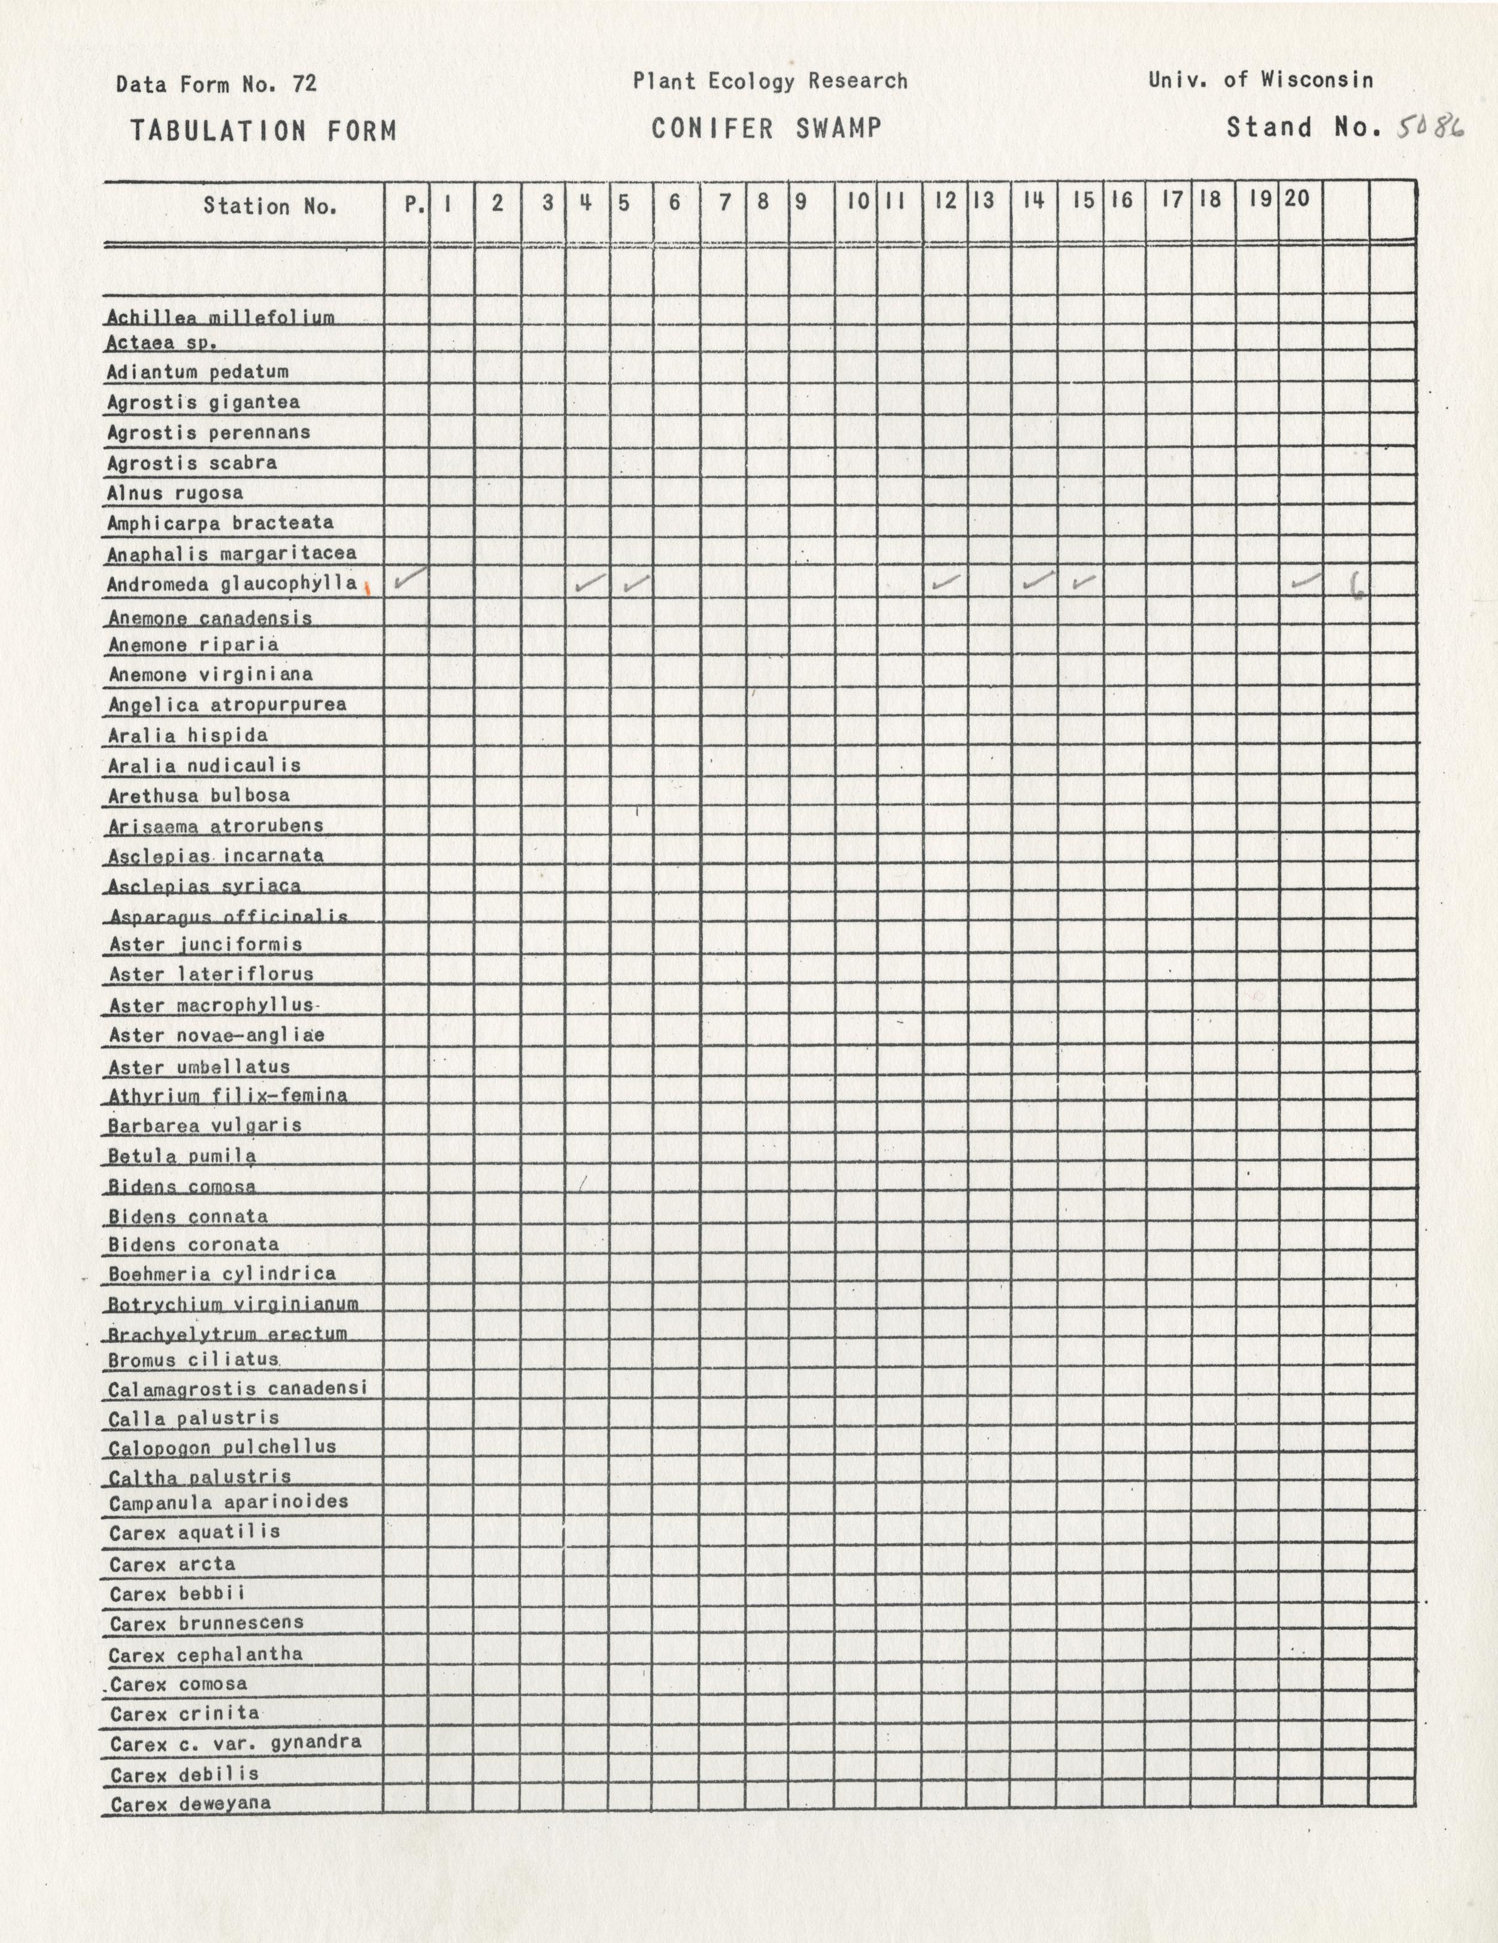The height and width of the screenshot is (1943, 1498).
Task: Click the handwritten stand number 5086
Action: click(x=1430, y=129)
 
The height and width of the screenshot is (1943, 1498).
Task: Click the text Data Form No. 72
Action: click(x=216, y=84)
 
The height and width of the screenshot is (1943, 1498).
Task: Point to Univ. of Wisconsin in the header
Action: click(x=1260, y=80)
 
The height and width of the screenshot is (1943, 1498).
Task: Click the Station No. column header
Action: click(x=269, y=207)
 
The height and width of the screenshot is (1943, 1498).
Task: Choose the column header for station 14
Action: click(x=1032, y=201)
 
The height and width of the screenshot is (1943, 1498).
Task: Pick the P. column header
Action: click(x=414, y=204)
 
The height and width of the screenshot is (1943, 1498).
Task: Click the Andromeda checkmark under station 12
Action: click(x=945, y=584)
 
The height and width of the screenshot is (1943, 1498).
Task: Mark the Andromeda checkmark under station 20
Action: click(x=1306, y=582)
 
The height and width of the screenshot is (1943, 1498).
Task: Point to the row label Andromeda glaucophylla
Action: click(x=232, y=584)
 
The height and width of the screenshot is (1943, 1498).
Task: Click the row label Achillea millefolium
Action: click(x=221, y=318)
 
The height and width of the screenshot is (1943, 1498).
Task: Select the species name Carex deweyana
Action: click(x=190, y=1804)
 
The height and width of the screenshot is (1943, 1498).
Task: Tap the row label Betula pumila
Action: click(x=181, y=1156)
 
